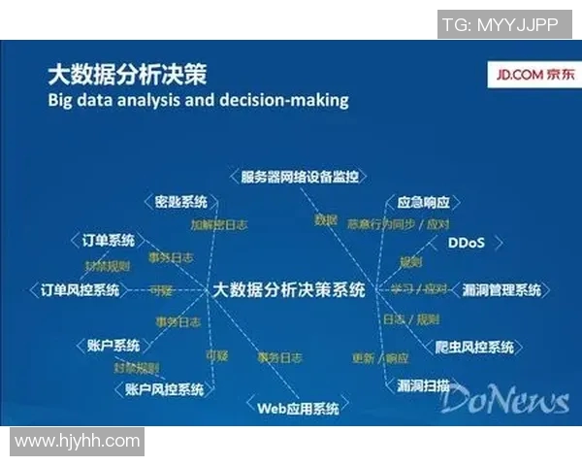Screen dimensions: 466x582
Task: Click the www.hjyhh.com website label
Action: (x=78, y=441)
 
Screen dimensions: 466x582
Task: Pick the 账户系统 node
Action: (x=113, y=345)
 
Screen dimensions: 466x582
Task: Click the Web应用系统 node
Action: (x=298, y=408)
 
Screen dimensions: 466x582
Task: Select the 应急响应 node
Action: (x=424, y=203)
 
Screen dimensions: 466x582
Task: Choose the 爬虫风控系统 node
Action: (x=474, y=347)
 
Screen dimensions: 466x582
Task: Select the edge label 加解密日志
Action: (x=217, y=224)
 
